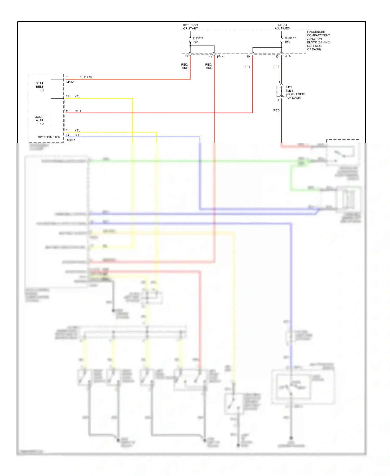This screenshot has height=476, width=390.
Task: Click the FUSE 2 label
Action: pyautogui.click(x=198, y=38)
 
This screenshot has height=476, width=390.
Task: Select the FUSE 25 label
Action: pyautogui.click(x=290, y=38)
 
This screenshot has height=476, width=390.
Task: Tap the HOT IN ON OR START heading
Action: pyautogui.click(x=190, y=27)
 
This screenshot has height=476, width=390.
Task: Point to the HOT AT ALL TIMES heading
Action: pyautogui.click(x=282, y=27)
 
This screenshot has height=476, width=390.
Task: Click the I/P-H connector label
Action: pyautogui.click(x=220, y=57)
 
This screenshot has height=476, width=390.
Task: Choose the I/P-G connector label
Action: pyautogui.click(x=288, y=56)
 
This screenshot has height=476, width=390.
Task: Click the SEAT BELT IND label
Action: pyautogui.click(x=40, y=87)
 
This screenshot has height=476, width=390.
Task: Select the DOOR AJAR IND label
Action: pyautogui.click(x=40, y=120)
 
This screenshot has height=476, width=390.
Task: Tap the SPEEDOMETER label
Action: pyautogui.click(x=49, y=137)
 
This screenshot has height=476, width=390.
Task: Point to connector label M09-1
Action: pyautogui.click(x=70, y=82)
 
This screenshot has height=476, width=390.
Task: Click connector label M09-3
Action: pyautogui.click(x=71, y=140)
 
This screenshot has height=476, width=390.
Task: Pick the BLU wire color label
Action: pyautogui.click(x=77, y=135)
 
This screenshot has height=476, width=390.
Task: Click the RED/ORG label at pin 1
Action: pyautogui.click(x=85, y=77)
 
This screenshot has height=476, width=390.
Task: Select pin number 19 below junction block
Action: pyautogui.click(x=248, y=57)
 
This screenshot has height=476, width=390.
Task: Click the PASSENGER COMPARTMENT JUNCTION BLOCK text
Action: pyautogui.click(x=318, y=40)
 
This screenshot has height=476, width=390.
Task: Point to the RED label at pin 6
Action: pyautogui.click(x=78, y=111)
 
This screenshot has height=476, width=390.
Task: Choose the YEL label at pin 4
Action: pyautogui.click(x=77, y=130)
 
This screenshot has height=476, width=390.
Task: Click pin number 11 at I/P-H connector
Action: pyautogui.click(x=186, y=56)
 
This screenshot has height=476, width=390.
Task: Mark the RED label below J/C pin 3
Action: pyautogui.click(x=276, y=110)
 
